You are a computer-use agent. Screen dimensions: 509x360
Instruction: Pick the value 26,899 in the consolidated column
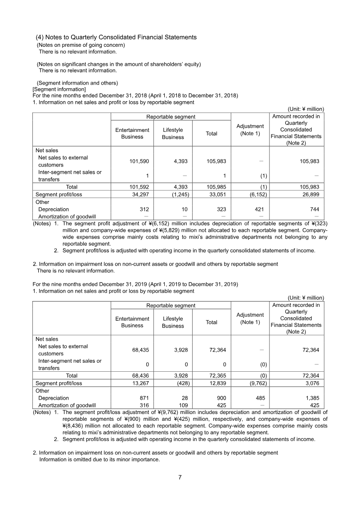coord(310,194)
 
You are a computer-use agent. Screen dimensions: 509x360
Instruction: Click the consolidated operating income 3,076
coord(312,383)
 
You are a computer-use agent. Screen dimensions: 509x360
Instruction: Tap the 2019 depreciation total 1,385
coord(312,398)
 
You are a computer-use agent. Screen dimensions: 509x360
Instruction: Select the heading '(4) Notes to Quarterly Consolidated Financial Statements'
coord(116,37)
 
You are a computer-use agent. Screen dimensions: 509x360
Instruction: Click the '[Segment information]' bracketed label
coord(59,90)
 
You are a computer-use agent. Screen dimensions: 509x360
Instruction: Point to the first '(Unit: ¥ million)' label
coord(306,109)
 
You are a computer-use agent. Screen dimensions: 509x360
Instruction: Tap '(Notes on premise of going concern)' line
coord(81,45)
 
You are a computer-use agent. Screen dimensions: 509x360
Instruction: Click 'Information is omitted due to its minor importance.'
coord(99,459)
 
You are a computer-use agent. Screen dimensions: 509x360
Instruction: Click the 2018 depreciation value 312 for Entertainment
coord(144,209)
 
